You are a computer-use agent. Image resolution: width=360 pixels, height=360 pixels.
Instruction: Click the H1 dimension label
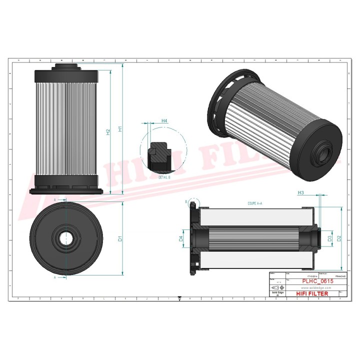(120, 129)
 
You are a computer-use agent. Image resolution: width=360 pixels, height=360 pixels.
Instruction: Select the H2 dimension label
(108, 132)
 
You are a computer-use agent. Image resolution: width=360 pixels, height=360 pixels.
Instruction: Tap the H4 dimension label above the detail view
(164, 121)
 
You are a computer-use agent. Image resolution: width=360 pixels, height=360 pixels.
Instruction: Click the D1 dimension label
(120, 239)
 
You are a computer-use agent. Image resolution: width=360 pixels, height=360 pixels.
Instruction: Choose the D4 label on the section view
(180, 239)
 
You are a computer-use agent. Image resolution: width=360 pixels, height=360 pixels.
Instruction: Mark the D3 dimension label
(329, 239)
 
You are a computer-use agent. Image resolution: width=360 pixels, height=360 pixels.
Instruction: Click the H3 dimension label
(301, 192)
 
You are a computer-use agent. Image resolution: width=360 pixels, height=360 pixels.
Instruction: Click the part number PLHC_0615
(317, 282)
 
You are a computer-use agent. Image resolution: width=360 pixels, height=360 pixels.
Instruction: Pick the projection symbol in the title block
(277, 288)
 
